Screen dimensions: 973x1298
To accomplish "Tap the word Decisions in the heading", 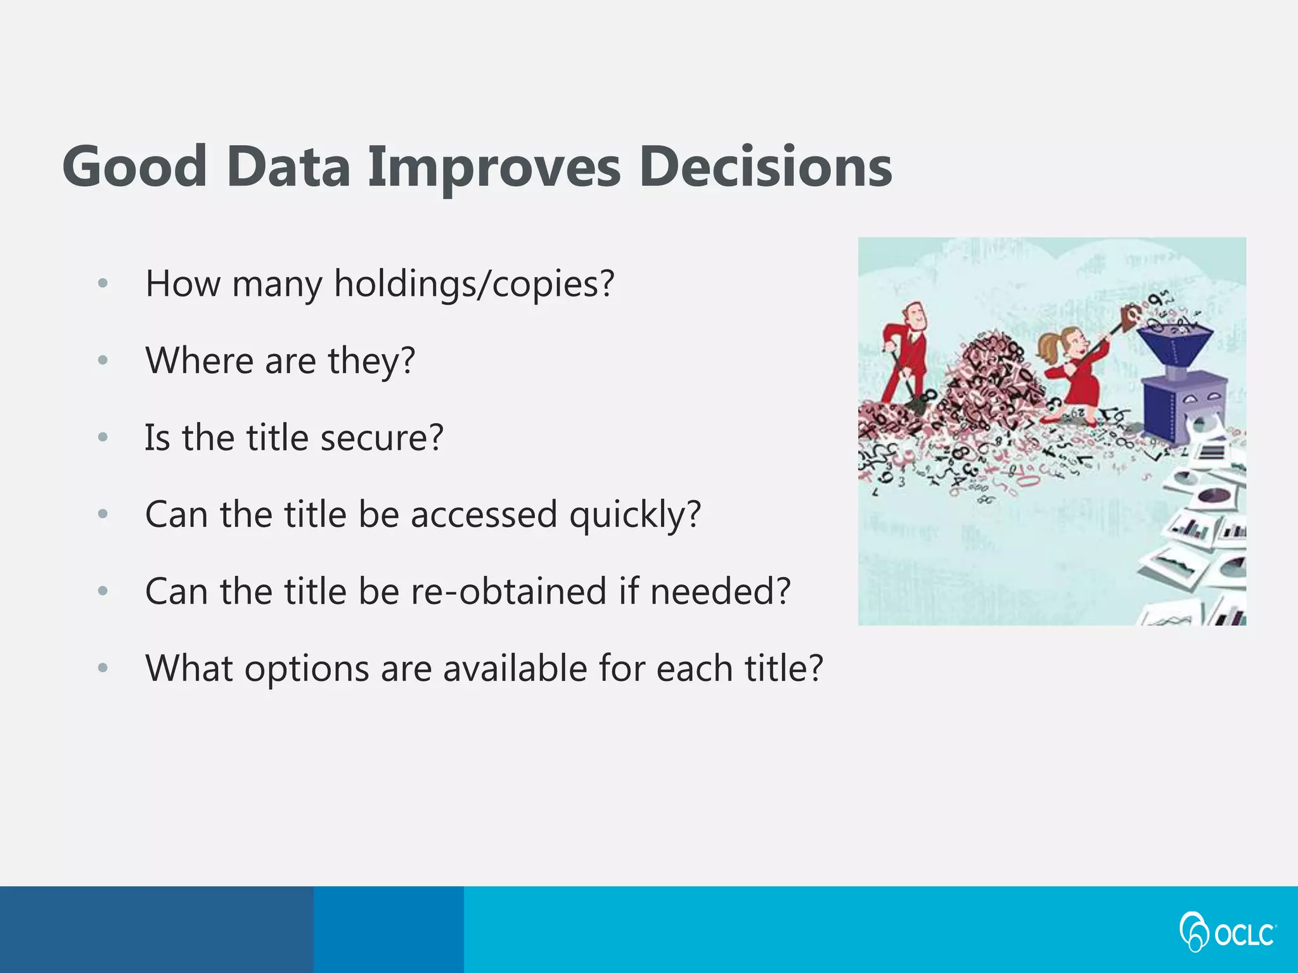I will point(765,166).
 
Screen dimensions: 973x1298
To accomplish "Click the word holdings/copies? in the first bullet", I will point(474,284).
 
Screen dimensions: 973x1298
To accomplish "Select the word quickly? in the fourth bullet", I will point(635,515).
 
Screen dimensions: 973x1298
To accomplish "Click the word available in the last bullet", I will point(515,668).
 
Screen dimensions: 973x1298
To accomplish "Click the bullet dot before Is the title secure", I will point(103,437).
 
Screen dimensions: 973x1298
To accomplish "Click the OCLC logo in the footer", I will point(1227,931).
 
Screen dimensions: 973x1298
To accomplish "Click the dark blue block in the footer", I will point(156,929).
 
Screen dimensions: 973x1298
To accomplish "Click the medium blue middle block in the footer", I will point(388,929).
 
